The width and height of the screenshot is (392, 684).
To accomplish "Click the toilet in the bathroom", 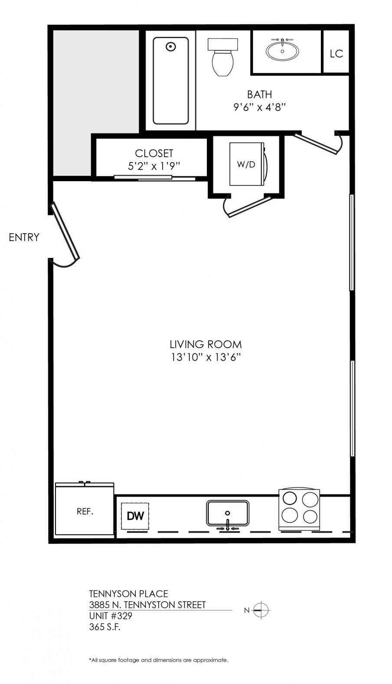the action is coord(223,57).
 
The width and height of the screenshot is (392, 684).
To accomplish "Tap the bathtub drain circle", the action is coord(170,47).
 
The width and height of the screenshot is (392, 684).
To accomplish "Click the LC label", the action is coord(336,54).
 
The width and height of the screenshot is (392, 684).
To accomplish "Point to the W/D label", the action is coord(246,165).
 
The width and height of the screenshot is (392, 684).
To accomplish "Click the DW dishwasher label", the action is coord(135,516).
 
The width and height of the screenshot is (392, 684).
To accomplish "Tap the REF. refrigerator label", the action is coord(85,511).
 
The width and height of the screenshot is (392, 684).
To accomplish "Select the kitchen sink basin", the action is coord(228,513).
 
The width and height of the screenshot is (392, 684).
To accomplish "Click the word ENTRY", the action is coord(24,237).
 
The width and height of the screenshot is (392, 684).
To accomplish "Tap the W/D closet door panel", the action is coord(250,207).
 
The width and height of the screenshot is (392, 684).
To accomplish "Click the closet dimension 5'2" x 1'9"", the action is coord(154,166).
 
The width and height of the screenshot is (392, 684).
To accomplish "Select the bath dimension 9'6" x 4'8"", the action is coord(259,107).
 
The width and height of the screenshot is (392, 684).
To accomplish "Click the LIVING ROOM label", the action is coord(206,345).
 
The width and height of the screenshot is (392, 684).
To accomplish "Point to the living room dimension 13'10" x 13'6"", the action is coord(206,357).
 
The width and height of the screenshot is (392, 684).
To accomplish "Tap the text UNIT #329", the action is coord(111,616).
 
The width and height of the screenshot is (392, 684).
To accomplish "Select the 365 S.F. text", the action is coord(105,627).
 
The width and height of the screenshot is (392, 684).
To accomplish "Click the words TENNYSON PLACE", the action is coord(129,594).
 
